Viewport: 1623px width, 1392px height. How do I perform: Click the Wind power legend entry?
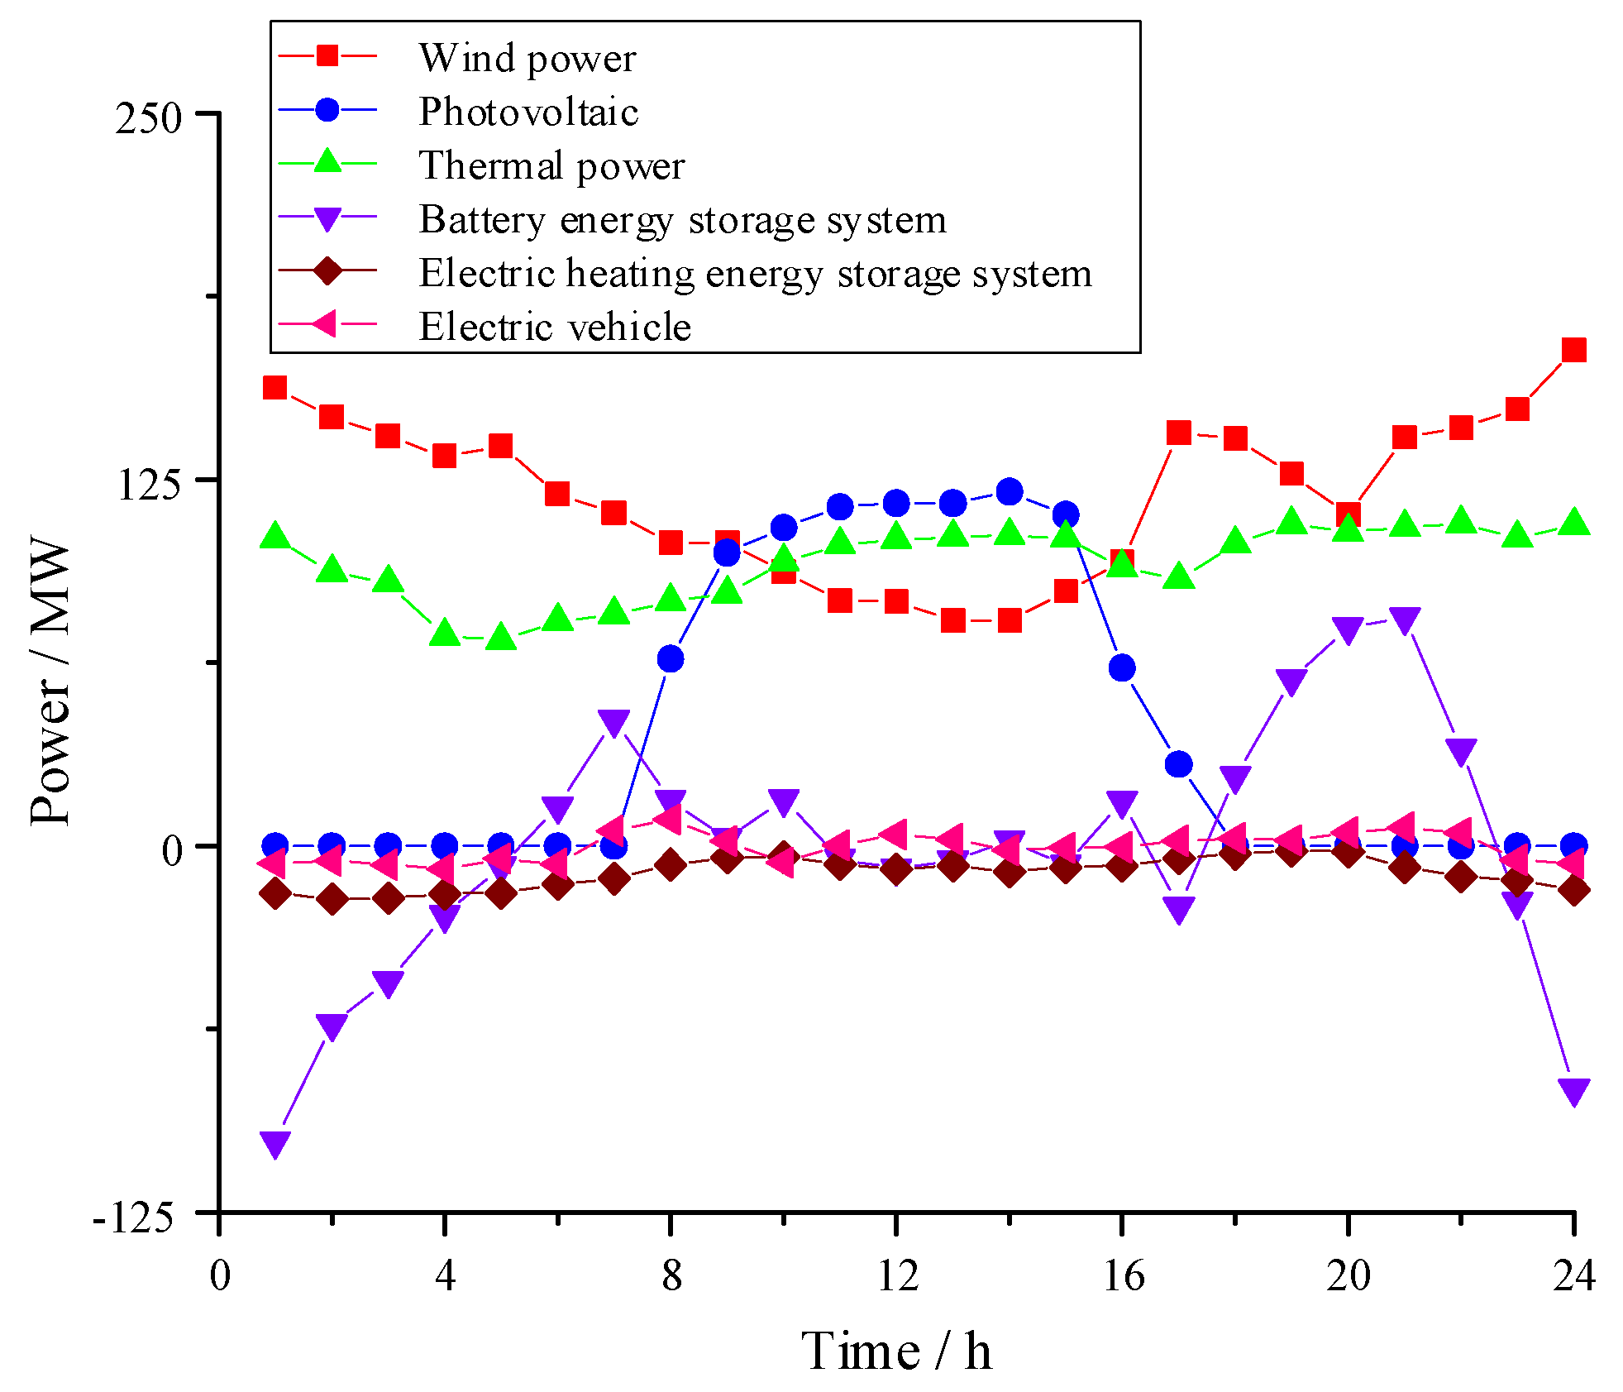tap(527, 59)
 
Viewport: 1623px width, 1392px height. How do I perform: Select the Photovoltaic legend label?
tap(528, 112)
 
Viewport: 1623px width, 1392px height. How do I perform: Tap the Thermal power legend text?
tap(551, 166)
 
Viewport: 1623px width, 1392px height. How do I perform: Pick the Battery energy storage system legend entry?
tap(682, 220)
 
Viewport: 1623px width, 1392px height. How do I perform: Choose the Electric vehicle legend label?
tap(554, 327)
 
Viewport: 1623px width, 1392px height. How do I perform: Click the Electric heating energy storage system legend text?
tap(755, 274)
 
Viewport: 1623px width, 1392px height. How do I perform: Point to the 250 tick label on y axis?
tap(148, 118)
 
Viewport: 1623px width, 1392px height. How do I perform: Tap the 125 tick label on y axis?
tap(148, 485)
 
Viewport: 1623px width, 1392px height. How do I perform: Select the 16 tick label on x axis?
tap(1123, 1276)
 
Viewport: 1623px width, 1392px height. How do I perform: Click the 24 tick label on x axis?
tap(1573, 1276)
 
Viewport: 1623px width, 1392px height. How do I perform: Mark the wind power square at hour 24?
tap(1573, 350)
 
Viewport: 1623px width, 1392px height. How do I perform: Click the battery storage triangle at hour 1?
tap(274, 1144)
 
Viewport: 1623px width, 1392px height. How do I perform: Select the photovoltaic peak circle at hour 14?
tap(1009, 492)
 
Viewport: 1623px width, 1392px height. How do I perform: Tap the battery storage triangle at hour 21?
tap(1405, 619)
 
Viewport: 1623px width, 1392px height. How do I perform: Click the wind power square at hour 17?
tap(1178, 433)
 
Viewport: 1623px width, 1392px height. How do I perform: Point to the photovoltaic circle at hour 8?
tap(671, 659)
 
